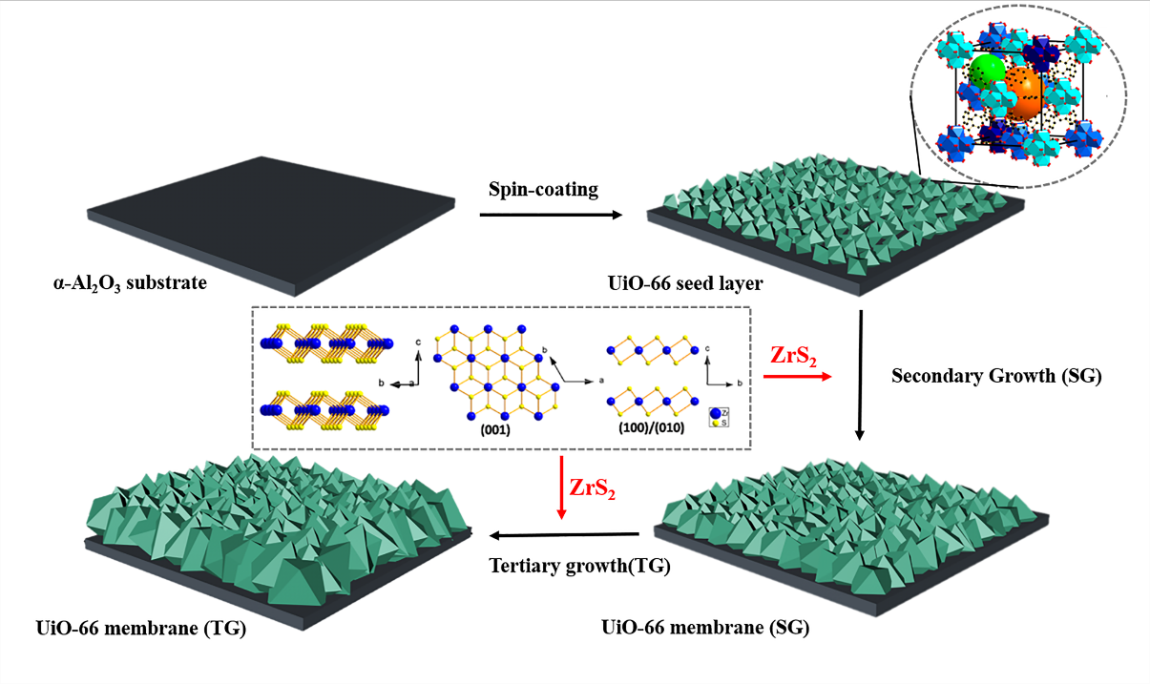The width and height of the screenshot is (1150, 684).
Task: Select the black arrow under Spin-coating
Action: pos(550,215)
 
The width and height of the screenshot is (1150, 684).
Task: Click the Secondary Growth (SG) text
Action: pos(996,376)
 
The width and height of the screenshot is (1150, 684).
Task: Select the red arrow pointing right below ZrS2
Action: pos(793,377)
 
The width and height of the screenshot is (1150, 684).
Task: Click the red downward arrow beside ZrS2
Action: pos(561,488)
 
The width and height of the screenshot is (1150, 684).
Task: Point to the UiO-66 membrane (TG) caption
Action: pos(135,629)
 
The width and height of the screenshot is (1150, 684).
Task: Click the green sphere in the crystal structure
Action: pos(987,72)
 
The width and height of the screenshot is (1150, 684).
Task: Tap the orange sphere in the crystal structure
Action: pos(1022,97)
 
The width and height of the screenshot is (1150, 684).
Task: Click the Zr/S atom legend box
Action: pos(716,415)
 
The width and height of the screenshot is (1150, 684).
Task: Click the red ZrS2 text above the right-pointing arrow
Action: pos(792,356)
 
